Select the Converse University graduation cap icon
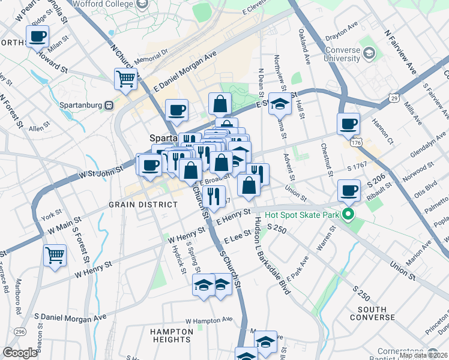pos(367,53)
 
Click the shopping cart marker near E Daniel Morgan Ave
pos(126,78)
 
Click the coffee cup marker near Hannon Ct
pos(348,124)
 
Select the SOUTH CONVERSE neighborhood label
pos(376,313)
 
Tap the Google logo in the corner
pos(20,353)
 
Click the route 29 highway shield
pos(394,97)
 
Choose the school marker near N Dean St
pos(280,103)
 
